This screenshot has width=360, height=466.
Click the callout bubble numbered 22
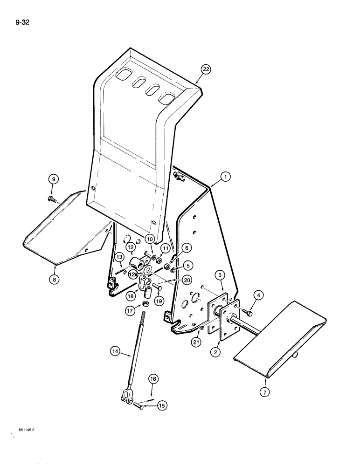(206, 70)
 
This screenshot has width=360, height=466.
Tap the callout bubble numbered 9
(53, 179)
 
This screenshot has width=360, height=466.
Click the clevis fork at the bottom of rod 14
(127, 397)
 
